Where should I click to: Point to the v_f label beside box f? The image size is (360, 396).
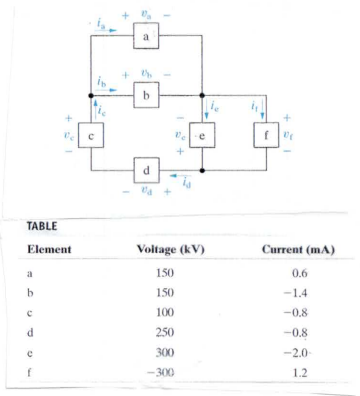[x=290, y=129]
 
